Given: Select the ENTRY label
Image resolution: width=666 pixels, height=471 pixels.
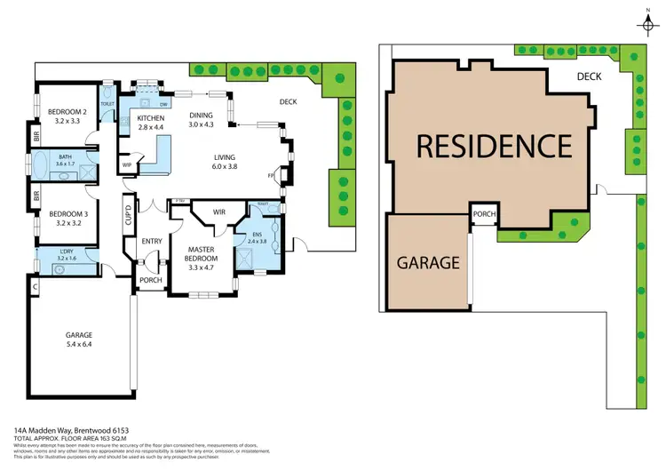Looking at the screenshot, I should (152, 241).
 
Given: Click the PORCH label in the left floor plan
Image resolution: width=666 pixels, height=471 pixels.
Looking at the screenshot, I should (150, 280).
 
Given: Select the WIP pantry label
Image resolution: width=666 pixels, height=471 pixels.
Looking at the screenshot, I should (126, 164).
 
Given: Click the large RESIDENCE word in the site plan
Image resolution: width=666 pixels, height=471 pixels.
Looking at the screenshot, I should (495, 145).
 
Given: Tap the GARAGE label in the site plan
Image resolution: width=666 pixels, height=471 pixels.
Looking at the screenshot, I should (428, 263).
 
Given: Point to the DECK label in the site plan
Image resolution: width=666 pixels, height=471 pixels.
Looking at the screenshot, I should (590, 76).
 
